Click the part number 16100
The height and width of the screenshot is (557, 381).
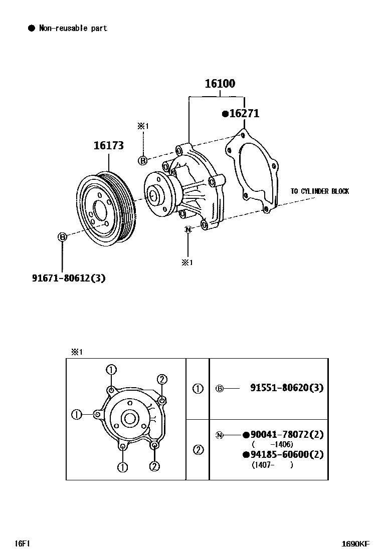click(x=220, y=84)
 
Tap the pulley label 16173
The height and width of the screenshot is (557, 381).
click(x=109, y=145)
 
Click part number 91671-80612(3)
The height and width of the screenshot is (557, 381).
click(x=69, y=278)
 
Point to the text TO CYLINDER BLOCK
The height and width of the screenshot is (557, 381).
click(x=320, y=191)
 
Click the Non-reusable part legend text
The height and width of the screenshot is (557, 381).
click(x=73, y=28)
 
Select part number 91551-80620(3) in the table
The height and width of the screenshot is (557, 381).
click(x=287, y=387)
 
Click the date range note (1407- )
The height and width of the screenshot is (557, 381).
click(x=272, y=465)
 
